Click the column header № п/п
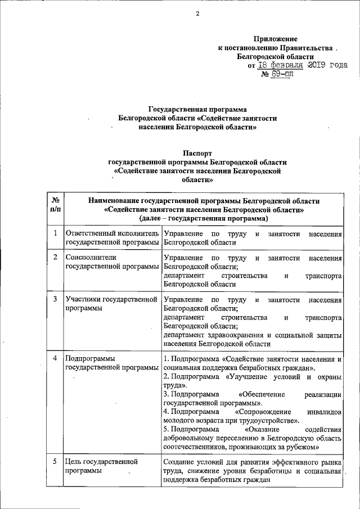(x=55, y=205)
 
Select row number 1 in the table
(x=55, y=233)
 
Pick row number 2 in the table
(x=55, y=258)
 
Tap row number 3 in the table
(x=55, y=299)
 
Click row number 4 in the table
(x=55, y=358)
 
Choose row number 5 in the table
(x=55, y=462)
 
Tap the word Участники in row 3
(x=83, y=299)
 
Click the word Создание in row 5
(x=179, y=462)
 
